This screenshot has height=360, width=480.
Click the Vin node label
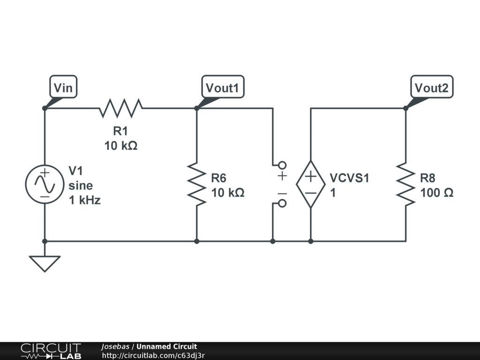[x=63, y=87]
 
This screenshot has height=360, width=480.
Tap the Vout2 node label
[x=432, y=87]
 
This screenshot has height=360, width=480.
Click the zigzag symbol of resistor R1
[x=120, y=108]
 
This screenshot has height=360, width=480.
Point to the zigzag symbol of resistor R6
[x=196, y=184]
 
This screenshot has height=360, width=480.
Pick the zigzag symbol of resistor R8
[x=405, y=184]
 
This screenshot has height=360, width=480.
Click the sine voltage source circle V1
[x=45, y=184]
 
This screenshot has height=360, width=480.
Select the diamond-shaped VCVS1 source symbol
[x=310, y=184]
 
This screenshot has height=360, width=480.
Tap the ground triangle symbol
[x=45, y=263]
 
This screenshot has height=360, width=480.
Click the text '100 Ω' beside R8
[x=436, y=193]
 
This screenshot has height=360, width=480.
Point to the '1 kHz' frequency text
[x=84, y=201]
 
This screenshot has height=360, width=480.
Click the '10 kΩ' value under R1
[x=121, y=146]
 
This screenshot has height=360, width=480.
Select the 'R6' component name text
[x=219, y=178]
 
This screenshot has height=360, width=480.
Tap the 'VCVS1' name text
[x=350, y=178]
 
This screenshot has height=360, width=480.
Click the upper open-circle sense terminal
[x=282, y=165]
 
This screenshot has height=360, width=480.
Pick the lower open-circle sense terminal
[x=282, y=203]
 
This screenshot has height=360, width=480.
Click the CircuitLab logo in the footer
[x=51, y=351]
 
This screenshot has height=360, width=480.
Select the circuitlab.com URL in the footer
[x=153, y=355]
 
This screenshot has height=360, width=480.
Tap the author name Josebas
[x=115, y=347]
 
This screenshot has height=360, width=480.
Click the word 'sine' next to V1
[x=81, y=185]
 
